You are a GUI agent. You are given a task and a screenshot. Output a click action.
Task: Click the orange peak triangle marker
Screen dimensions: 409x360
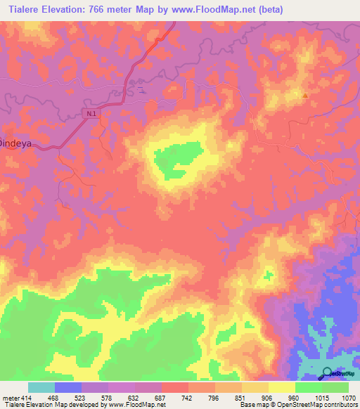tap(304, 95)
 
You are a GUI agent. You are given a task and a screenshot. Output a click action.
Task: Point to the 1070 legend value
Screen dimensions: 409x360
tap(349, 398)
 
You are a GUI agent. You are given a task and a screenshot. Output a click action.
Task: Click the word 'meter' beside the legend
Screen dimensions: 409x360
tap(10, 398)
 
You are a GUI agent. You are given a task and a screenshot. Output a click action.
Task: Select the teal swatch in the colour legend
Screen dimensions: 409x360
tap(41, 387)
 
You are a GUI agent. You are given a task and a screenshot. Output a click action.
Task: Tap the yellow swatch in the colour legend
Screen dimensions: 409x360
tap(282, 387)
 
